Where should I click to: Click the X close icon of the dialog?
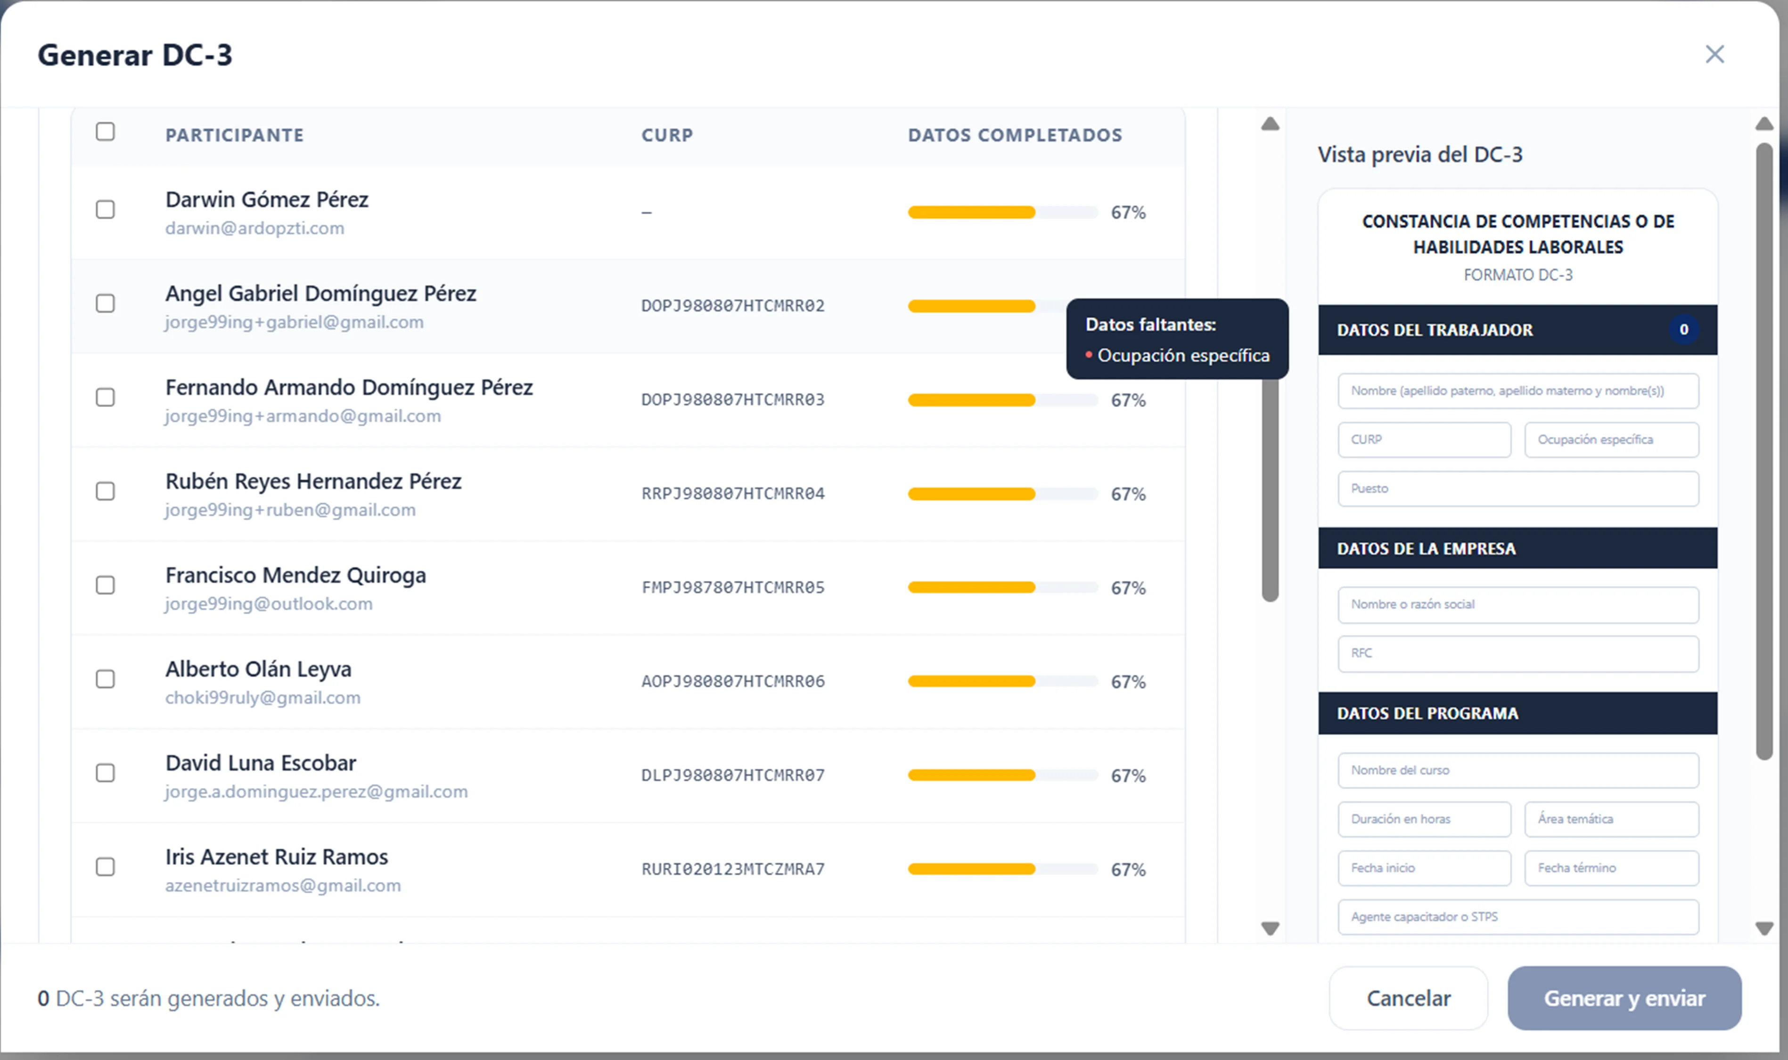pyautogui.click(x=1714, y=54)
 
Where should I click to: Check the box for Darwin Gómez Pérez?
pyautogui.click(x=105, y=209)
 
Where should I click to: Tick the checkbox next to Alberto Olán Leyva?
pyautogui.click(x=105, y=678)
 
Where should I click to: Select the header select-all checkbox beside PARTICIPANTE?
pyautogui.click(x=105, y=131)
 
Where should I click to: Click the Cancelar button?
pyautogui.click(x=1408, y=998)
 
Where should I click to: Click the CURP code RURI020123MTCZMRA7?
pyautogui.click(x=733, y=869)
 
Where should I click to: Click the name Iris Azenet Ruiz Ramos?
pyautogui.click(x=277, y=856)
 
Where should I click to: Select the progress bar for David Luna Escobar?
pyautogui.click(x=1003, y=775)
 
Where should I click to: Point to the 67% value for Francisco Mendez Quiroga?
pyautogui.click(x=1128, y=588)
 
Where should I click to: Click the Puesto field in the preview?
pyautogui.click(x=1518, y=489)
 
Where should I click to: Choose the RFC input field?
pyautogui.click(x=1518, y=653)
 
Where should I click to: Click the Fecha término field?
pyautogui.click(x=1612, y=868)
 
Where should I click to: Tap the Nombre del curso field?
pyautogui.click(x=1518, y=770)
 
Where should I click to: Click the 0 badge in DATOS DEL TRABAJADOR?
pyautogui.click(x=1684, y=329)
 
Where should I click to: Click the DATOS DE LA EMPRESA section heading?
pyautogui.click(x=1426, y=548)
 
